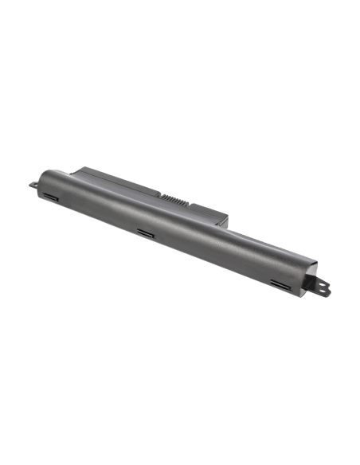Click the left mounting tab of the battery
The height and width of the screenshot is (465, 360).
pos(33,185)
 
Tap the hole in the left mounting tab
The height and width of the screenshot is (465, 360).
pos(33,185)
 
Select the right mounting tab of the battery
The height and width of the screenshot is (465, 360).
pos(321,287)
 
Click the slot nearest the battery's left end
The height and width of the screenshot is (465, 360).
pos(51,196)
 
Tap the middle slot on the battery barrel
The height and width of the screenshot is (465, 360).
pos(146,233)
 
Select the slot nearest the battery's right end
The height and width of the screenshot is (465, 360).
pos(281,283)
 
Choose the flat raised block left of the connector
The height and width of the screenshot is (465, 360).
pos(119,178)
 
